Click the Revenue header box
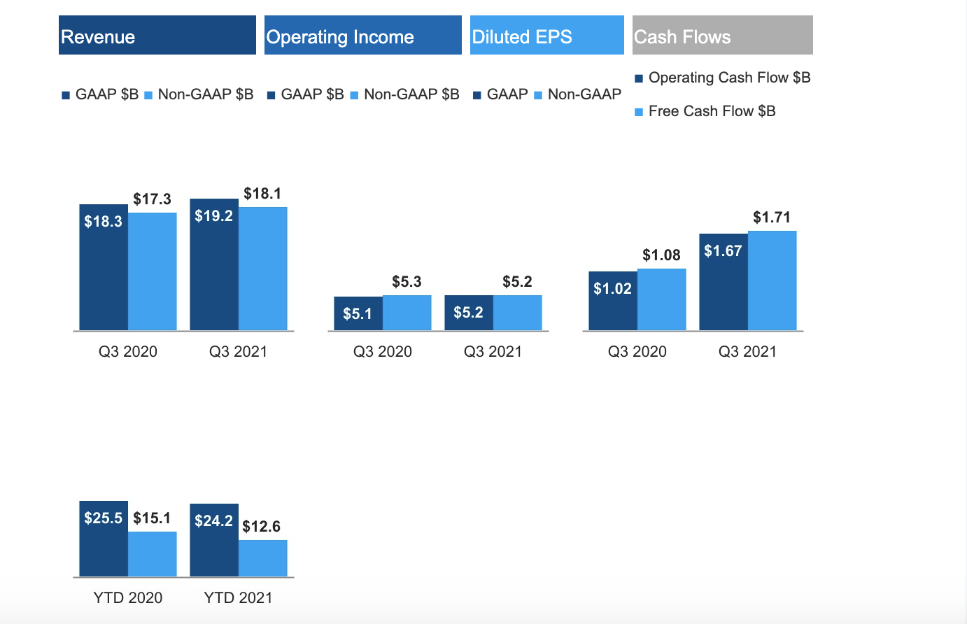pos(157,35)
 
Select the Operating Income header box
pos(362,35)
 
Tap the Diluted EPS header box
pos(546,35)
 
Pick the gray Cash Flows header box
pos(722,35)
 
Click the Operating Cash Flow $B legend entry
pos(722,78)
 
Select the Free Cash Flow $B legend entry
pos(705,111)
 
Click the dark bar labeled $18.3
pos(104,273)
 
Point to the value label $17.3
pos(152,199)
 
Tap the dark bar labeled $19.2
pos(214,269)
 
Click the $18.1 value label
pos(262,194)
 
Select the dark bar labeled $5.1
pos(358,314)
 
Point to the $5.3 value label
pos(407,282)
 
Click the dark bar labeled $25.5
pos(104,542)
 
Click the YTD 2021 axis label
pos(238,598)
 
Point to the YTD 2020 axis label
pos(127,598)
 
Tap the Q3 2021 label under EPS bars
pos(747,352)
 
